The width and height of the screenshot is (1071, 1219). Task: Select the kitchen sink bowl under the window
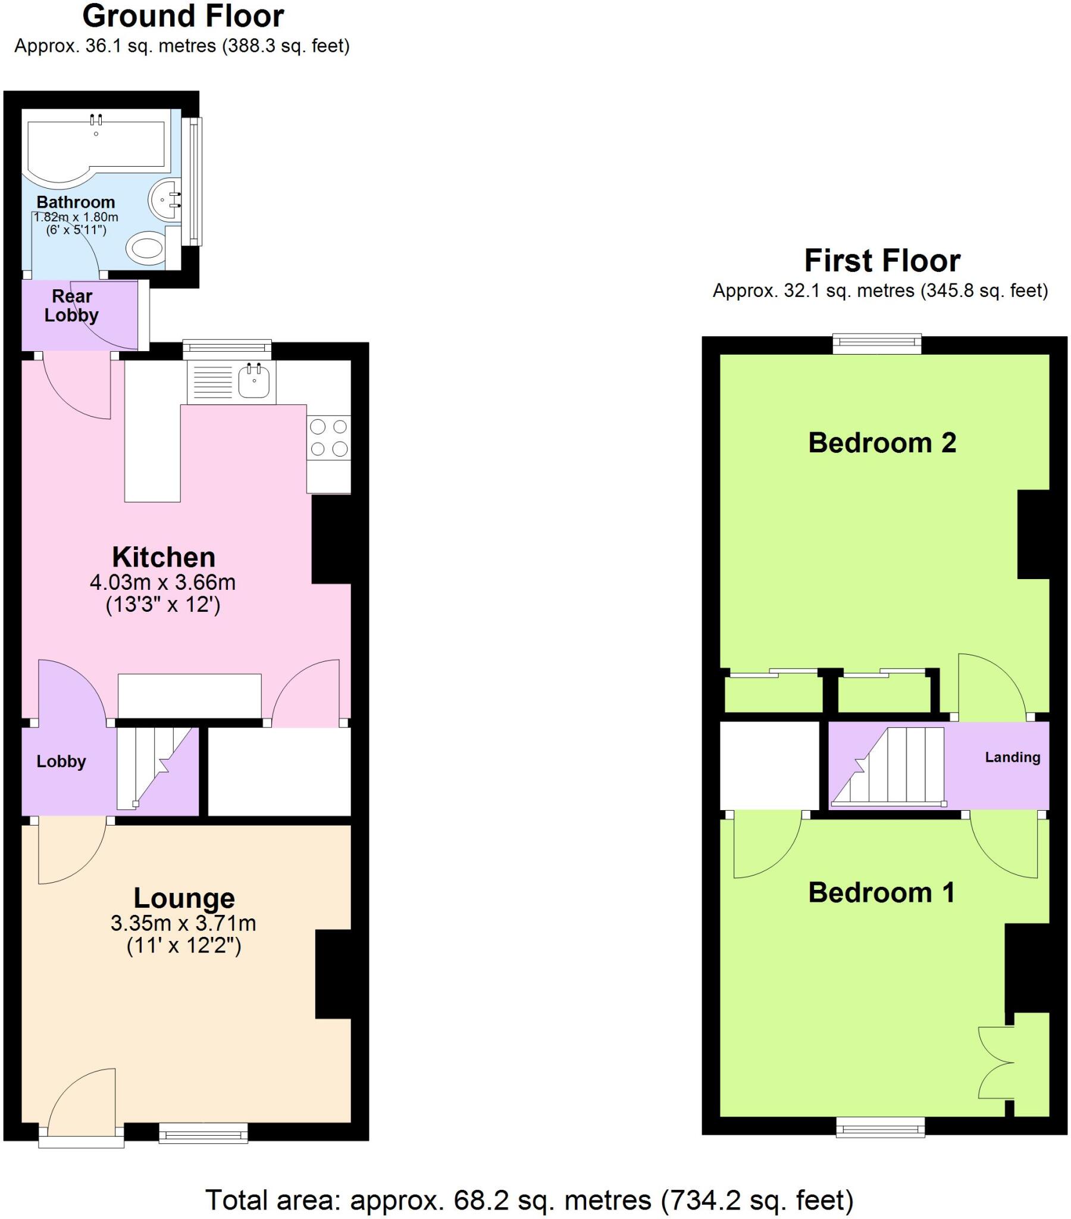(253, 380)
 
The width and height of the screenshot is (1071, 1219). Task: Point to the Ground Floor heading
(183, 16)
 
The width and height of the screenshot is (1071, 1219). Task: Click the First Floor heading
(881, 261)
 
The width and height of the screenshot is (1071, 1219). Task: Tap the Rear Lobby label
(71, 305)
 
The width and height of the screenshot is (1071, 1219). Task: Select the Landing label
(1011, 757)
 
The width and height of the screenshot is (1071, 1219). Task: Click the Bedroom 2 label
(881, 442)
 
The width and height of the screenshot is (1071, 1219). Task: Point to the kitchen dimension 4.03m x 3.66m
(163, 582)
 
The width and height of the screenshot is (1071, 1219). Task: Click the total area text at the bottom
(529, 1199)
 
